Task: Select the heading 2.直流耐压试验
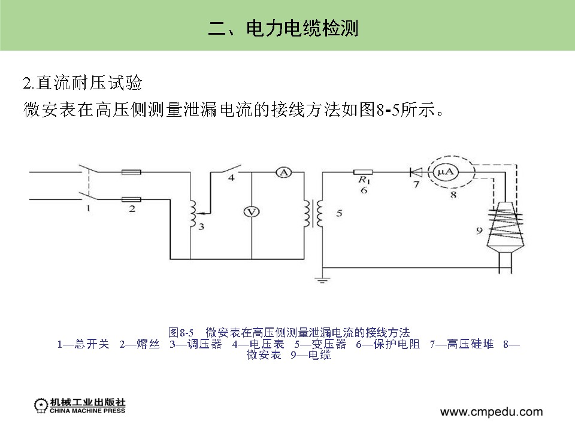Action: (82, 83)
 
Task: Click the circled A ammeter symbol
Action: (283, 172)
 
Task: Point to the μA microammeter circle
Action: (446, 172)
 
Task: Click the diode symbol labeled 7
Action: (416, 172)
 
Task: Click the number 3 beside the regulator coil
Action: (201, 227)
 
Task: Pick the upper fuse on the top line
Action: (131, 172)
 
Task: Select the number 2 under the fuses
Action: (132, 210)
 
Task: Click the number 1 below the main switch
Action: (88, 209)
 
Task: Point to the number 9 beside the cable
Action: (479, 229)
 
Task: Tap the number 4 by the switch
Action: (231, 178)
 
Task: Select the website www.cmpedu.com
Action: (491, 412)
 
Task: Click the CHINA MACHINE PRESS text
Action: (87, 411)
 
